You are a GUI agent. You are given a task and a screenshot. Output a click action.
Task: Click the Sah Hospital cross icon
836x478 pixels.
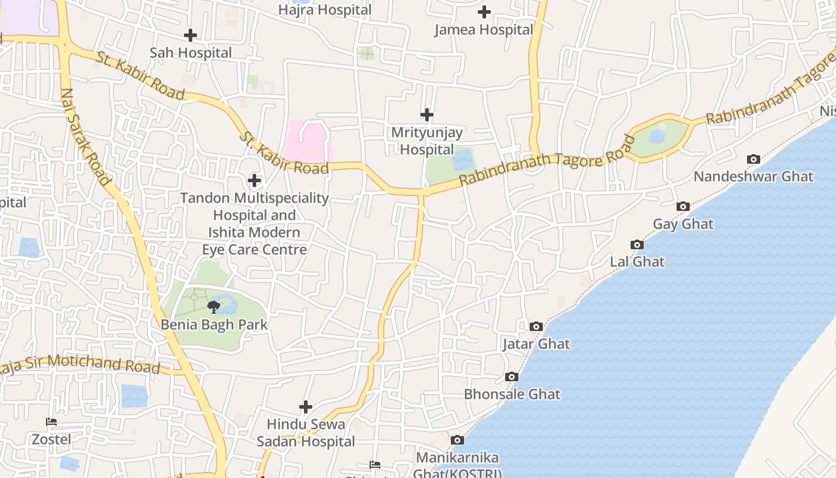click(x=190, y=35)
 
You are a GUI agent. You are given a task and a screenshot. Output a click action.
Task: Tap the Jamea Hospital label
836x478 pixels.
click(x=484, y=29)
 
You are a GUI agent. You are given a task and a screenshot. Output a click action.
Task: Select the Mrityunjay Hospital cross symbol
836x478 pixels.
click(x=427, y=115)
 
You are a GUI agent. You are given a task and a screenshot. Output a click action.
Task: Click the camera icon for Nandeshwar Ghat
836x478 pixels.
click(x=754, y=159)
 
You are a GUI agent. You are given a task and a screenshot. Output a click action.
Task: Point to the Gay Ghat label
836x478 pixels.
click(x=683, y=224)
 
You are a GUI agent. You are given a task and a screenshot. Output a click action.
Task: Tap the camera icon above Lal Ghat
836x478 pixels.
click(x=637, y=244)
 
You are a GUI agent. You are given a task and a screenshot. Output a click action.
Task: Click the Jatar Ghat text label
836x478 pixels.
click(x=536, y=344)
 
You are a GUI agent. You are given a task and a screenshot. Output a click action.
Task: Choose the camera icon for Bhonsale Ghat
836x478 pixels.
click(x=512, y=376)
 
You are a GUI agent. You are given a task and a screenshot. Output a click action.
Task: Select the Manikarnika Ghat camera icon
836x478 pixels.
click(x=457, y=440)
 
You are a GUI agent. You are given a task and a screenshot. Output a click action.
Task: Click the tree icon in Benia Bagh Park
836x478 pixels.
click(x=214, y=307)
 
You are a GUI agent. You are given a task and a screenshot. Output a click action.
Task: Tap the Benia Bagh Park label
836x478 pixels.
click(x=214, y=325)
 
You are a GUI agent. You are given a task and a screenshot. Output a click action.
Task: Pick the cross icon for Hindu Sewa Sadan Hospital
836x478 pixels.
click(x=306, y=407)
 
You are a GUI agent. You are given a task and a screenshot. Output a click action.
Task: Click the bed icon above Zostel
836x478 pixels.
click(x=51, y=422)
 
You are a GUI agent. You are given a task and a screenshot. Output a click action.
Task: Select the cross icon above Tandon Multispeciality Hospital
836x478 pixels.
click(x=254, y=180)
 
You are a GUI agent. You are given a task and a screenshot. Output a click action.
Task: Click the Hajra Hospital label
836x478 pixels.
click(x=325, y=10)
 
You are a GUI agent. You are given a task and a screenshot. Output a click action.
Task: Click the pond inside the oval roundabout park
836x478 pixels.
click(x=657, y=137)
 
